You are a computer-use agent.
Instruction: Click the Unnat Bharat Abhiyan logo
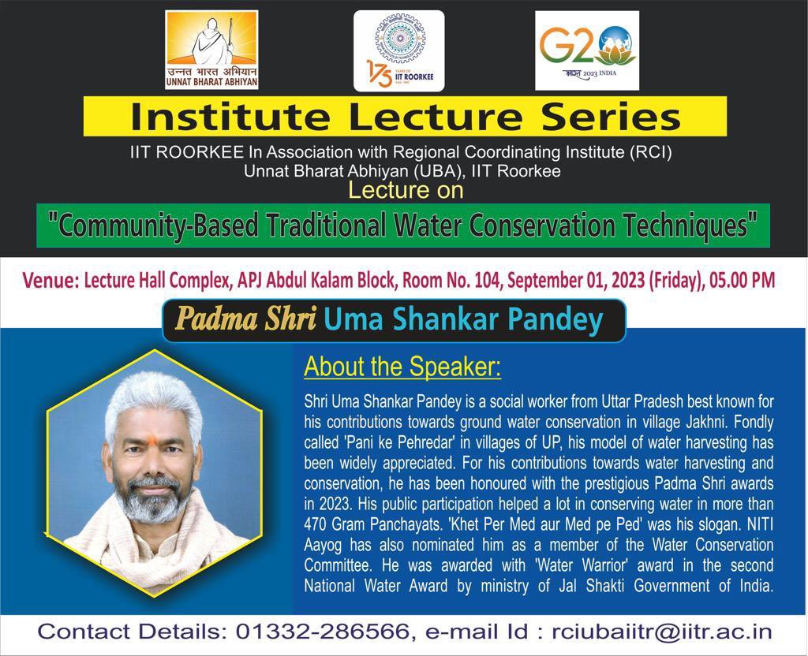click(211, 49)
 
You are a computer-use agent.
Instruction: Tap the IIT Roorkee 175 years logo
click(398, 50)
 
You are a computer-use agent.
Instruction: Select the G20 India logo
click(586, 50)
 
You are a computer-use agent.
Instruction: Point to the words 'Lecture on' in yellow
click(406, 190)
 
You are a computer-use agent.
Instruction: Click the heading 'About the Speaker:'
click(402, 367)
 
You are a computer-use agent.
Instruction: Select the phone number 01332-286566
click(320, 632)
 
